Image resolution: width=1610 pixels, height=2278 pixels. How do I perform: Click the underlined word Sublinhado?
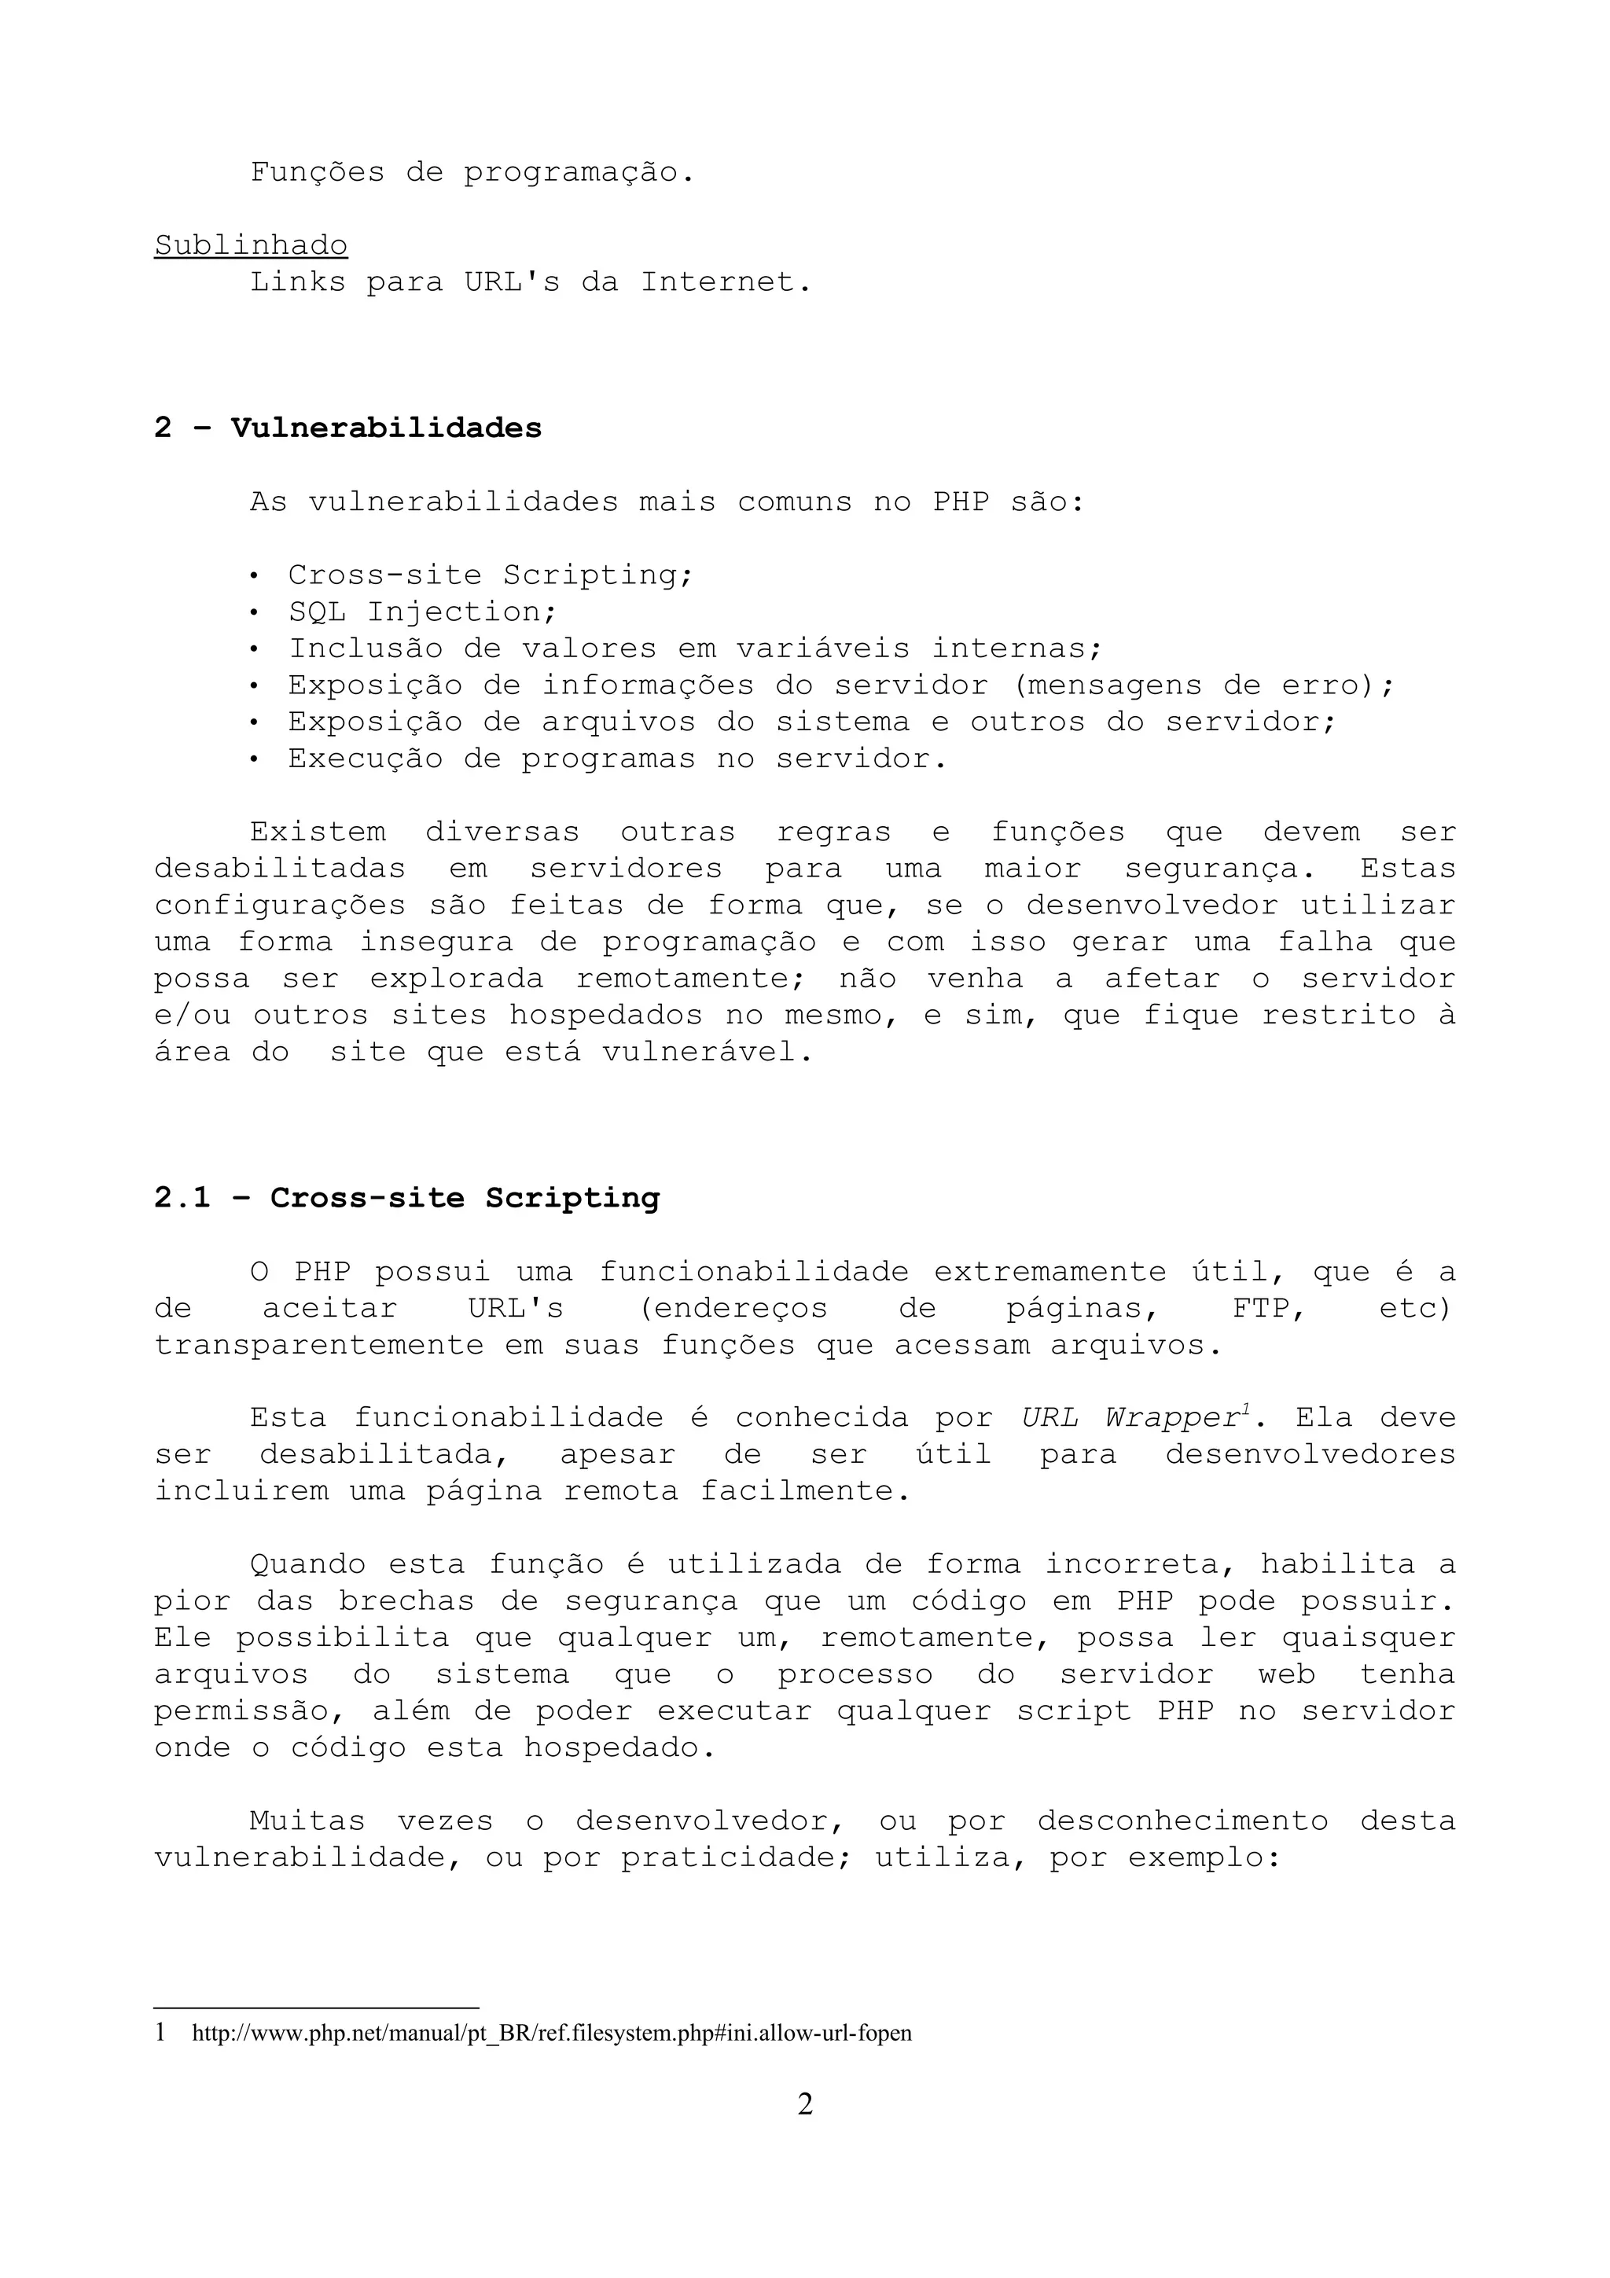[x=251, y=245]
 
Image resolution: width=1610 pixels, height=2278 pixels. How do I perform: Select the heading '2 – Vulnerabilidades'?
[x=348, y=428]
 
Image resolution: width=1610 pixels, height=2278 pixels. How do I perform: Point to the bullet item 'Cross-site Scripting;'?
[x=490, y=575]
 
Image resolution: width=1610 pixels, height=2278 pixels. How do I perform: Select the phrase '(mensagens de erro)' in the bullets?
[x=1200, y=685]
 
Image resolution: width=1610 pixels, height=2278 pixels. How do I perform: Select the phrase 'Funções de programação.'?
[x=472, y=173]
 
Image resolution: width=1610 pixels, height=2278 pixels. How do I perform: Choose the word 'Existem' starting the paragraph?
[x=318, y=832]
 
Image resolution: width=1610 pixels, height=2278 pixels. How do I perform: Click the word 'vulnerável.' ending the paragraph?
[x=708, y=1053]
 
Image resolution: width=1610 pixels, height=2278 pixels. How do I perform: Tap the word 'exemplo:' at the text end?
[x=1205, y=1858]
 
